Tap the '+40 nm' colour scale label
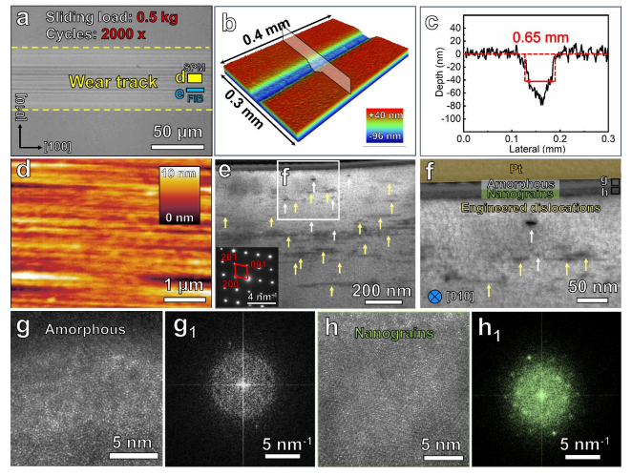383,121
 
